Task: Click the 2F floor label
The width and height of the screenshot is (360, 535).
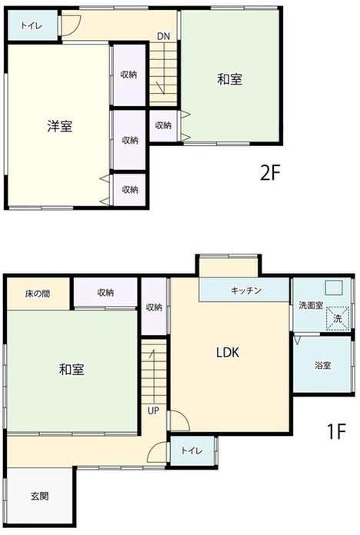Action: click(x=270, y=173)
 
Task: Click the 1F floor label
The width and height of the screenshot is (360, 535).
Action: click(x=337, y=431)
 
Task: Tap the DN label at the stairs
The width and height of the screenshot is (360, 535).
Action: click(x=164, y=36)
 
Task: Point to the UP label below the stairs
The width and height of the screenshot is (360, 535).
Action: click(x=153, y=410)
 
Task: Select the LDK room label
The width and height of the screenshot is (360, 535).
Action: click(x=228, y=352)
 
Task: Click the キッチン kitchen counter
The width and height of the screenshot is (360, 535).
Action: click(x=244, y=290)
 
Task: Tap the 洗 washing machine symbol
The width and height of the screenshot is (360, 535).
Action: click(x=338, y=319)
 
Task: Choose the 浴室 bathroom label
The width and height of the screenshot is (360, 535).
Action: click(x=322, y=365)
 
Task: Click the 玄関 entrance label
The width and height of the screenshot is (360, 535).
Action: click(x=40, y=496)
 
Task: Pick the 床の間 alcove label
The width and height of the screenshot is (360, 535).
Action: click(x=38, y=294)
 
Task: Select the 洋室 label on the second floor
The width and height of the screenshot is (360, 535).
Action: click(x=60, y=126)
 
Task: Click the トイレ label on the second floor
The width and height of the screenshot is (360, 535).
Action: click(x=31, y=25)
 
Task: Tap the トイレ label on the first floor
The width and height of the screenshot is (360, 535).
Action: click(x=192, y=450)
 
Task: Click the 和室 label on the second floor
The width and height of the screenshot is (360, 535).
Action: click(x=230, y=79)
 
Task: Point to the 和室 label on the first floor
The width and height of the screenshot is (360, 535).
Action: click(x=72, y=370)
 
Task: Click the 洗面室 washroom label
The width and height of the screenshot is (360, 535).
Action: click(x=311, y=305)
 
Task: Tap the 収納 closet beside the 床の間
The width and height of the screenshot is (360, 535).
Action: click(x=105, y=292)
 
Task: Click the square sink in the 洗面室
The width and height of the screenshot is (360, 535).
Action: click(x=333, y=287)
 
